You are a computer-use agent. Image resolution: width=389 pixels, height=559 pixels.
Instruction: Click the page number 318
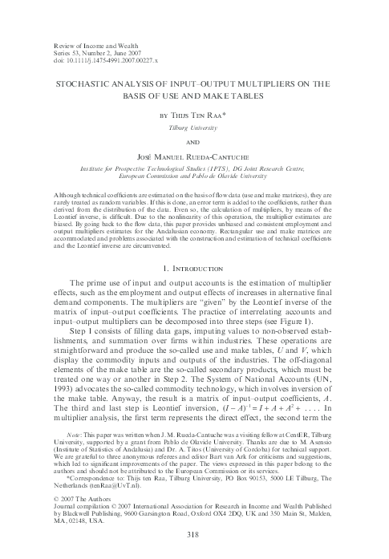(x=194, y=534)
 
